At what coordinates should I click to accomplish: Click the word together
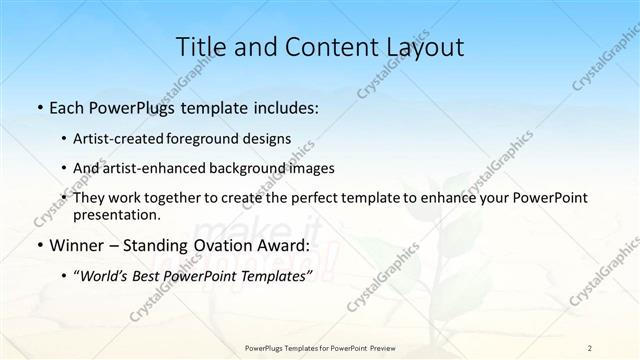coord(185,198)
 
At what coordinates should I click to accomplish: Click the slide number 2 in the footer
coord(590,347)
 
